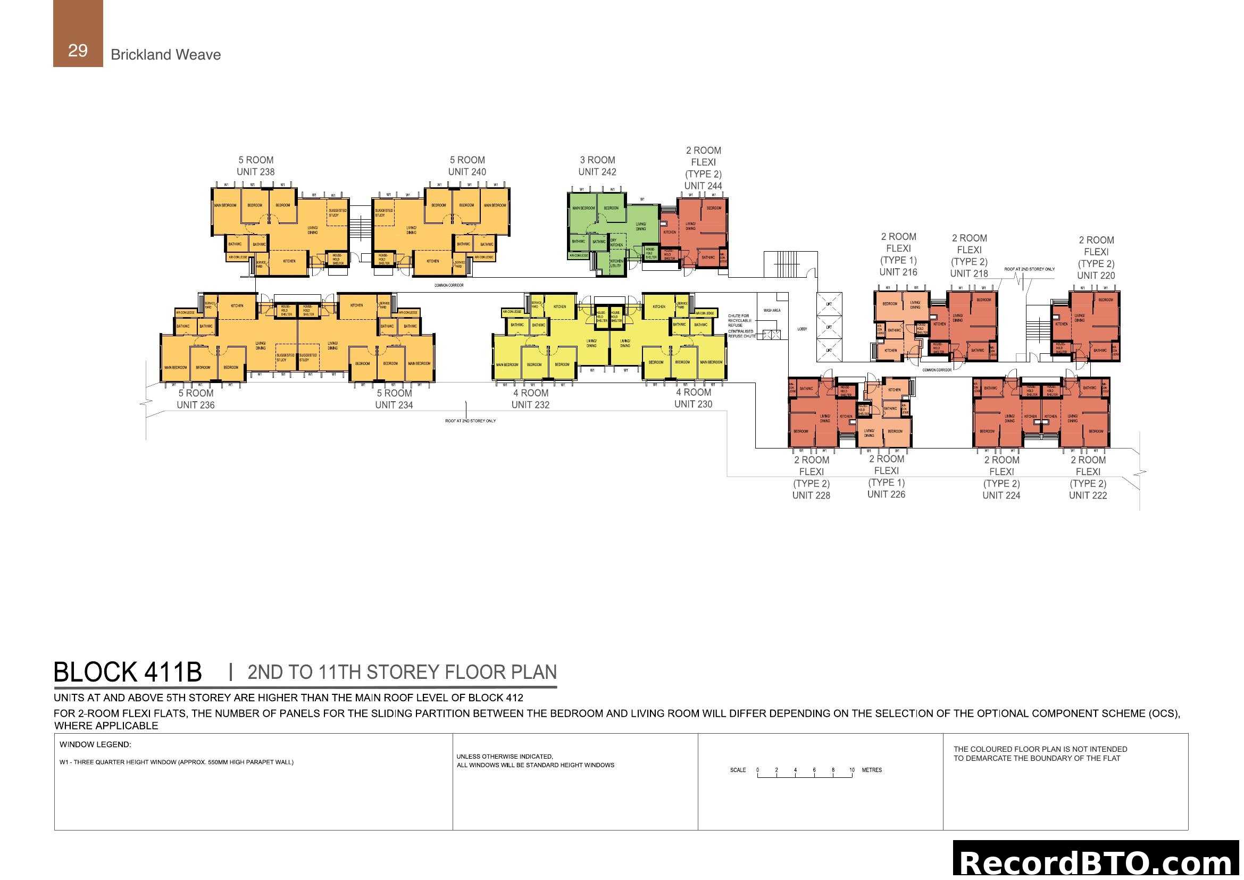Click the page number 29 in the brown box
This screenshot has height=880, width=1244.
click(78, 51)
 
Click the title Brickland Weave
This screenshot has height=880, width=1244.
click(165, 55)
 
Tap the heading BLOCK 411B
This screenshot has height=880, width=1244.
click(127, 673)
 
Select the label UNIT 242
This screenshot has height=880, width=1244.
click(597, 172)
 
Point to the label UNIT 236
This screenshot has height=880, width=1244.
click(196, 405)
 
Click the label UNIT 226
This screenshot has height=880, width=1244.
click(886, 494)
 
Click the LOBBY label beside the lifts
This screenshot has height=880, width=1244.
click(802, 329)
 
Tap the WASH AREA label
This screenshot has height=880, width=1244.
click(772, 311)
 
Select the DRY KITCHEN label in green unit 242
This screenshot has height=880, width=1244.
click(616, 243)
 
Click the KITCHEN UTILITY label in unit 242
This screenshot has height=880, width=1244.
click(616, 263)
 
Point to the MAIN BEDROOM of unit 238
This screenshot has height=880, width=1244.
click(225, 205)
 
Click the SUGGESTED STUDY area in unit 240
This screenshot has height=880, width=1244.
click(383, 212)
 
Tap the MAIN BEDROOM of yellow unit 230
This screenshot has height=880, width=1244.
click(711, 362)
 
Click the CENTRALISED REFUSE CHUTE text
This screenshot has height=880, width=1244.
click(741, 333)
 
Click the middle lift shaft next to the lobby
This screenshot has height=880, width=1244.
click(829, 327)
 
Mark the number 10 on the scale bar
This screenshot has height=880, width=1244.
click(851, 770)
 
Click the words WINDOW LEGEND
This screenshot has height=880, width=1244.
click(95, 744)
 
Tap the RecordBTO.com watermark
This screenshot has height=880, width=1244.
click(1095, 862)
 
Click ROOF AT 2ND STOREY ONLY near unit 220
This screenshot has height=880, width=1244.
click(1029, 269)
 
